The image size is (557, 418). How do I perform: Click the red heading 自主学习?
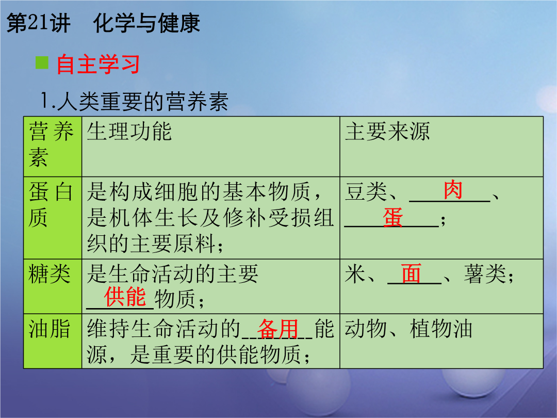pos(99,65)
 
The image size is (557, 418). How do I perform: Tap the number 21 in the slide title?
pos(38,23)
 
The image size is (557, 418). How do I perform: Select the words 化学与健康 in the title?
pos(146,23)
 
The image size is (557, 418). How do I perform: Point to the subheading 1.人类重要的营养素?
pos(134,101)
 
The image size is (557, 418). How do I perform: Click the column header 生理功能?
pos(129,131)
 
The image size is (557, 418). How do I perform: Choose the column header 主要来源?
pos(387,131)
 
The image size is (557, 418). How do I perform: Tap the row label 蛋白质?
pos(51,204)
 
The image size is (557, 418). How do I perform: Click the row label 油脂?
pos(50,328)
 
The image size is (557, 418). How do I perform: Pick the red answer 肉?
pos(453,190)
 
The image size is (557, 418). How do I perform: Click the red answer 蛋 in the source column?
pos(393,217)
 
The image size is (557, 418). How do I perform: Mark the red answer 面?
pos(412,274)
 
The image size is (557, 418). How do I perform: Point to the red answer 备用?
pos(278,329)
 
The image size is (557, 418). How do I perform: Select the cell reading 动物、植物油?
pos(408,328)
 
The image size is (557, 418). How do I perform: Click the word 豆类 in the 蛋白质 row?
pos(366,191)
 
